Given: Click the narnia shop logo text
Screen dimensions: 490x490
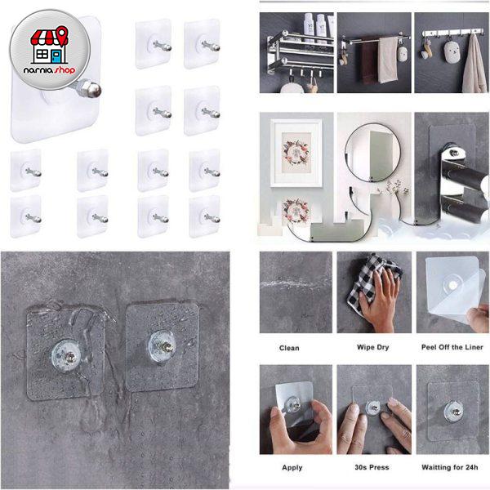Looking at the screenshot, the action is coord(49,69).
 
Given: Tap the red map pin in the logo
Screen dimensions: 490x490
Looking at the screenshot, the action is coord(62,35).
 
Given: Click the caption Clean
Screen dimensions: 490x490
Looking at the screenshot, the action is coord(289,348).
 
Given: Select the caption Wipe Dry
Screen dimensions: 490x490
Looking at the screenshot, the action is coord(373,347).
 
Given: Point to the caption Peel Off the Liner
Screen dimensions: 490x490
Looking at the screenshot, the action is coord(452,347).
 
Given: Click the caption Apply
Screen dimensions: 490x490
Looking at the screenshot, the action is coord(292,467).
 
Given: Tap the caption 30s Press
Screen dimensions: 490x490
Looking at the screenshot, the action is coord(372,467).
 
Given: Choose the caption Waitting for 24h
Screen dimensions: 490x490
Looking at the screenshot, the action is coord(450,467).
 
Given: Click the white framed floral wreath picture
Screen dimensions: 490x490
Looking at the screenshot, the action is coord(296,154).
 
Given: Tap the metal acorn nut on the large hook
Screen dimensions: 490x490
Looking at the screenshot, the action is coord(91,89).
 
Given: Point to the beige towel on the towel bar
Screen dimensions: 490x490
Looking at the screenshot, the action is coord(387,60).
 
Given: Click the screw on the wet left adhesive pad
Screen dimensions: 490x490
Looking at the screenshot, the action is coord(70,357).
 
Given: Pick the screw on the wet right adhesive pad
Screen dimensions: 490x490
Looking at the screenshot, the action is coord(166,346).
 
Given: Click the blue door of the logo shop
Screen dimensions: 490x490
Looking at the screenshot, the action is coord(56,57).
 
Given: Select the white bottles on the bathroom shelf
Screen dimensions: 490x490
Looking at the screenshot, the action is coord(316,28).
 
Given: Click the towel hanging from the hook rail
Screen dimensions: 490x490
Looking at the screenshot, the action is coord(474,65).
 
